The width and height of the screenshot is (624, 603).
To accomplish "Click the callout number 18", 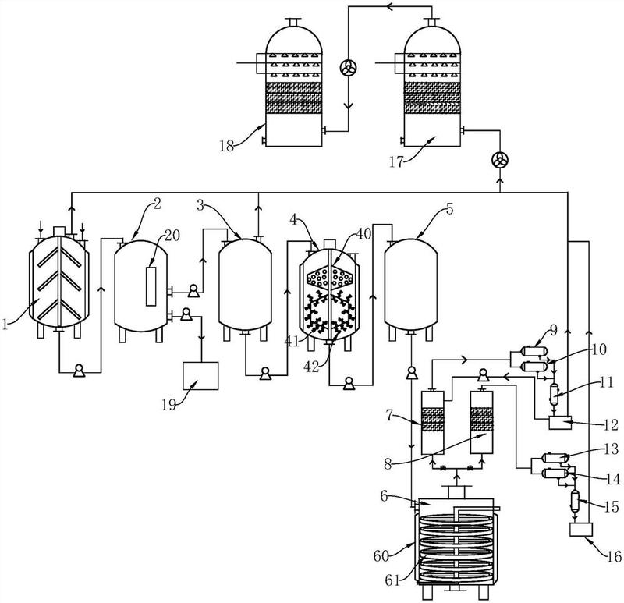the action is pyautogui.click(x=227, y=146).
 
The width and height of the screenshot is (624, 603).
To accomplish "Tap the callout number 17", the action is pyautogui.click(x=396, y=162).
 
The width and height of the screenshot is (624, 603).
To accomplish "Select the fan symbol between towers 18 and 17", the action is pyautogui.click(x=348, y=67).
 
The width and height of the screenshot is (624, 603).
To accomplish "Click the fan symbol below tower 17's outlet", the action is pyautogui.click(x=499, y=160).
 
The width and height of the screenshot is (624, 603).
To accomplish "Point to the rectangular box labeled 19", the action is pyautogui.click(x=200, y=376).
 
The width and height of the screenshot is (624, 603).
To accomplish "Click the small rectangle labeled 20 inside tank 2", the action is pyautogui.click(x=151, y=286).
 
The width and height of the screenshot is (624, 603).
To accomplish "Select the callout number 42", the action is pyautogui.click(x=311, y=367).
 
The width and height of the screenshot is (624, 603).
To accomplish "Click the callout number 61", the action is pyautogui.click(x=392, y=581).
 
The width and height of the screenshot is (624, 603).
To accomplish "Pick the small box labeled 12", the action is pyautogui.click(x=560, y=423).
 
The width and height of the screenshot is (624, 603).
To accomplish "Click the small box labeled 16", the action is pyautogui.click(x=581, y=530).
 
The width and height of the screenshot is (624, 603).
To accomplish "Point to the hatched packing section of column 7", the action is pyautogui.click(x=433, y=419).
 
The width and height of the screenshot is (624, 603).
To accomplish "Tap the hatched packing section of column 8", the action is pyautogui.click(x=481, y=419).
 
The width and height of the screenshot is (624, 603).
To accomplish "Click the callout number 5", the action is pyautogui.click(x=450, y=209).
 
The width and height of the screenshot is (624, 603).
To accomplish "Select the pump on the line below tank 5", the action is pyautogui.click(x=412, y=373).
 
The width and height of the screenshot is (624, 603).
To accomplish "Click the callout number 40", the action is pyautogui.click(x=363, y=234).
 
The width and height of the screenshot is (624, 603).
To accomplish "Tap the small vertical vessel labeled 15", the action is pyautogui.click(x=574, y=502).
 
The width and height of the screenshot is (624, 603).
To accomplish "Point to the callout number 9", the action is pyautogui.click(x=554, y=330).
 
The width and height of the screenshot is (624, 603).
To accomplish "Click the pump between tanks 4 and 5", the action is pyautogui.click(x=349, y=383).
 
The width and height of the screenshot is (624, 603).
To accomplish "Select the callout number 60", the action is pyautogui.click(x=381, y=555).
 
